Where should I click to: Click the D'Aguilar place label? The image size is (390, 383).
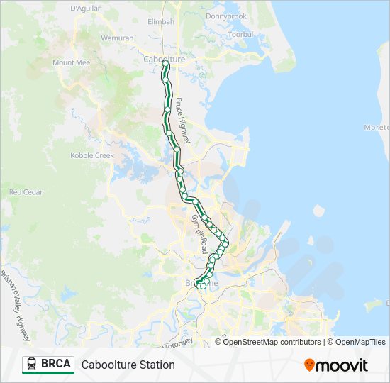pyautogui.click(x=85, y=8)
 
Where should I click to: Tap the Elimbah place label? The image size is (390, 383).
pyautogui.click(x=160, y=21)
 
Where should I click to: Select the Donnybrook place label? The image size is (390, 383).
pyautogui.click(x=225, y=16)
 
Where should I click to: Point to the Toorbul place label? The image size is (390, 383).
pyautogui.click(x=240, y=33)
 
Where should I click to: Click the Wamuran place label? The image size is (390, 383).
pyautogui.click(x=117, y=37)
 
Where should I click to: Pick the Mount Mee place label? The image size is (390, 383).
pyautogui.click(x=70, y=62)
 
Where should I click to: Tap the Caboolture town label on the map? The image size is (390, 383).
pyautogui.click(x=164, y=60)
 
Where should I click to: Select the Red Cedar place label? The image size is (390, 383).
pyautogui.click(x=26, y=192)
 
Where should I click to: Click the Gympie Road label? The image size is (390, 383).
pyautogui.click(x=199, y=233)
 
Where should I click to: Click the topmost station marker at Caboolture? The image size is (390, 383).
pyautogui.click(x=165, y=63)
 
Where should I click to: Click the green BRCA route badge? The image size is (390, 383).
pyautogui.click(x=48, y=365)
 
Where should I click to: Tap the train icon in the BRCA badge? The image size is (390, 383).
pyautogui.click(x=33, y=365)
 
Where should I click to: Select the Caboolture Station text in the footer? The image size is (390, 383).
pyautogui.click(x=128, y=365)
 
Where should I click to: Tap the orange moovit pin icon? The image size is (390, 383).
pyautogui.click(x=309, y=365)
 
